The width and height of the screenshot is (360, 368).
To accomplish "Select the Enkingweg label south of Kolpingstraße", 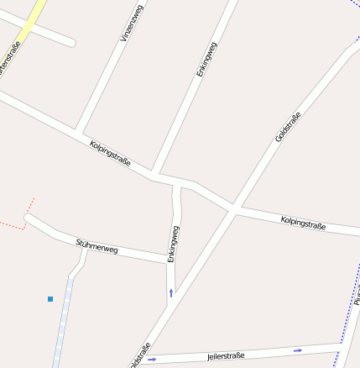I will [x=174, y=244].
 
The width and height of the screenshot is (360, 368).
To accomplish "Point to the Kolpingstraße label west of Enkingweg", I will [x=110, y=153].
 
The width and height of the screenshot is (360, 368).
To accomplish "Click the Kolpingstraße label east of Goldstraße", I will [x=303, y=223].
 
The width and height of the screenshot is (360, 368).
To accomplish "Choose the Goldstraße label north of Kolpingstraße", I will [x=287, y=126].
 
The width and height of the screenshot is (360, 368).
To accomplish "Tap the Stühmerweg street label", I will [x=97, y=245].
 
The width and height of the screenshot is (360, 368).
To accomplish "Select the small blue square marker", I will [x=50, y=298].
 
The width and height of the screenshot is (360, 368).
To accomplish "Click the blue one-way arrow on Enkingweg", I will [x=171, y=292].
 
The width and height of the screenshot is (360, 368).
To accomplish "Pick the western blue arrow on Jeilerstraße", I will [x=152, y=360].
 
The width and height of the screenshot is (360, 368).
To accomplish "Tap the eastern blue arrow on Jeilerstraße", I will [x=298, y=350].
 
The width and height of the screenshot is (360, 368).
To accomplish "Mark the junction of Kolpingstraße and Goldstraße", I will [x=232, y=208].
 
